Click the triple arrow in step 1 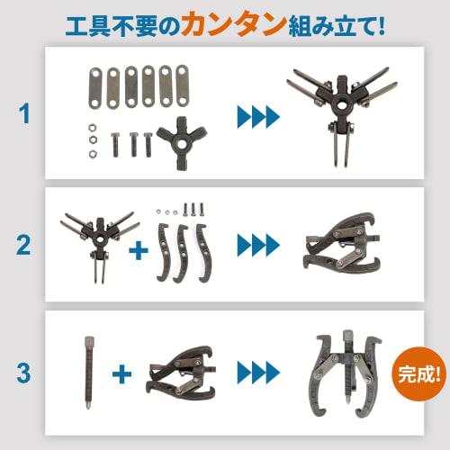coord(256,115)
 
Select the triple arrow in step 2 coord(256,243)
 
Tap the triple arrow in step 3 coord(256,370)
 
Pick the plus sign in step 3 coord(121,370)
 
